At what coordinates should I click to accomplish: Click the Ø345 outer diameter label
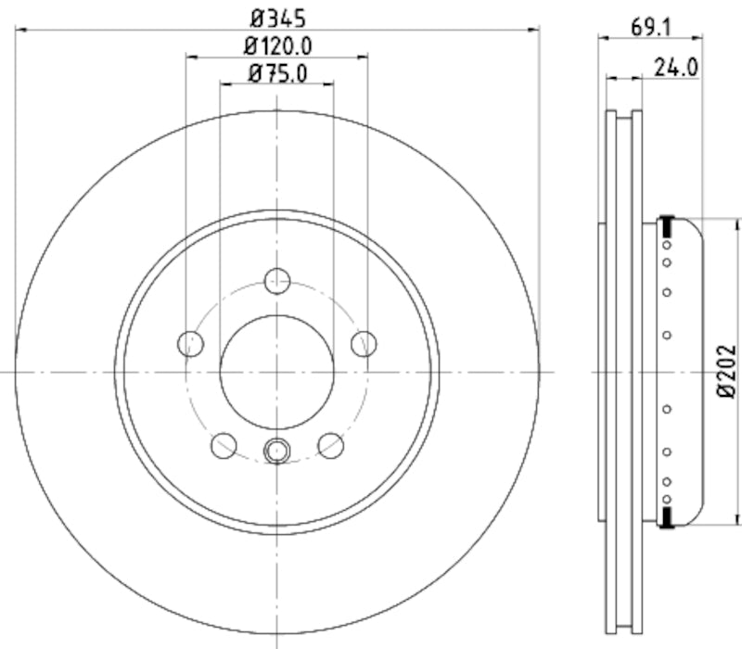(x=276, y=17)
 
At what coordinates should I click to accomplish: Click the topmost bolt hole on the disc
(x=277, y=280)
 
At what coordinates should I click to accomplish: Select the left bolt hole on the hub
(x=190, y=343)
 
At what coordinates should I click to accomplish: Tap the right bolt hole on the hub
(x=365, y=343)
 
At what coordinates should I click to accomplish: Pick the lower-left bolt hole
(x=224, y=446)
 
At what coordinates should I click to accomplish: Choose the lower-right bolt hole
(x=331, y=446)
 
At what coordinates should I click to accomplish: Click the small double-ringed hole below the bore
(x=277, y=451)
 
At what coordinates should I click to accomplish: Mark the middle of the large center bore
(x=277, y=372)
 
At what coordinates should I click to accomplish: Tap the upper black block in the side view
(x=666, y=225)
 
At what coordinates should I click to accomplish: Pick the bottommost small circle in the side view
(x=666, y=497)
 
